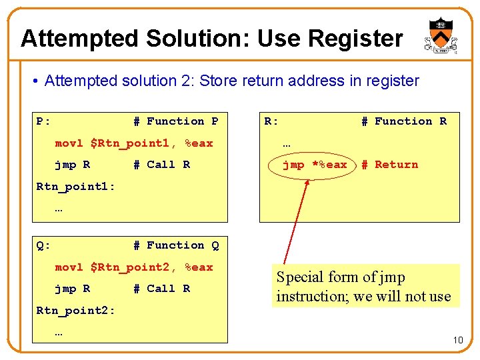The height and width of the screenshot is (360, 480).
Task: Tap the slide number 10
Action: (x=457, y=341)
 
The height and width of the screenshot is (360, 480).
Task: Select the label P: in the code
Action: (x=43, y=121)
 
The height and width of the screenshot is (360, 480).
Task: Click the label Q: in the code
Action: (x=43, y=245)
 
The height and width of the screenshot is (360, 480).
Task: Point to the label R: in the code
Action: (x=271, y=121)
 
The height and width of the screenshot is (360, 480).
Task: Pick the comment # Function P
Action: (x=175, y=121)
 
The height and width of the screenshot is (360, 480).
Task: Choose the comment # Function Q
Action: (x=175, y=245)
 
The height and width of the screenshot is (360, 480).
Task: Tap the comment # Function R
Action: (x=403, y=121)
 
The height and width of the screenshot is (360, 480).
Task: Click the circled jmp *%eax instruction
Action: (x=315, y=165)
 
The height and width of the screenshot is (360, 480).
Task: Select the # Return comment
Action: (x=389, y=165)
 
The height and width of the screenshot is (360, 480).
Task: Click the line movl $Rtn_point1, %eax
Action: (x=133, y=143)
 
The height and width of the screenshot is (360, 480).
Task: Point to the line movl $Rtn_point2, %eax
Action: (x=133, y=267)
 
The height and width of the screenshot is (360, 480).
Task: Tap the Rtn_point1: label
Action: (x=75, y=186)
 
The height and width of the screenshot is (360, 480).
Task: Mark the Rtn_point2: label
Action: (x=75, y=311)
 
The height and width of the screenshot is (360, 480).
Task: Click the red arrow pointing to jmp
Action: (x=296, y=220)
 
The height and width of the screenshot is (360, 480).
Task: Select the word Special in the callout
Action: (x=299, y=277)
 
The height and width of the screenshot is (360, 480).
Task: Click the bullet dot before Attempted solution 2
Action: (x=35, y=81)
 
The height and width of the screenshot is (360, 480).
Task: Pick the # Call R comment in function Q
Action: (x=161, y=289)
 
